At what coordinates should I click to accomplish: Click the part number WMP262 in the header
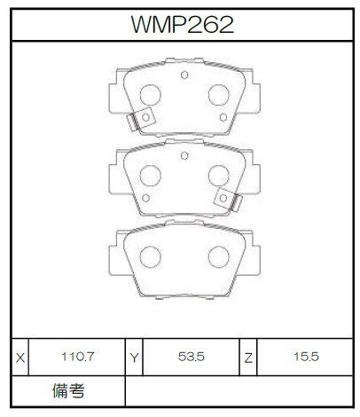tap(183, 25)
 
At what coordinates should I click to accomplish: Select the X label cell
tap(20, 358)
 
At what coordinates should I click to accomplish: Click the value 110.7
tap(77, 357)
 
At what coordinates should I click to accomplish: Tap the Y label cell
tap(134, 358)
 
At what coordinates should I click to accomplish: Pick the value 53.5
tap(192, 357)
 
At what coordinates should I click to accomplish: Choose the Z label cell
tap(248, 358)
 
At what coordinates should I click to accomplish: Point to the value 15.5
tap(306, 357)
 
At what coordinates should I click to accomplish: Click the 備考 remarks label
tap(68, 390)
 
